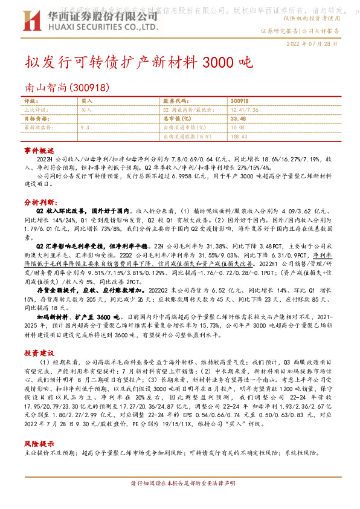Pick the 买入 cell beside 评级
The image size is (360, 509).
(86, 101)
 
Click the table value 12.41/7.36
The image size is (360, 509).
(245, 110)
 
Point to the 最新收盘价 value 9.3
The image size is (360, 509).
(85, 128)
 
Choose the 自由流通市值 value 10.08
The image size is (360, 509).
(237, 128)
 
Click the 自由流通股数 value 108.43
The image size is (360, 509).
(239, 137)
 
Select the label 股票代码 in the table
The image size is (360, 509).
(175, 101)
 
